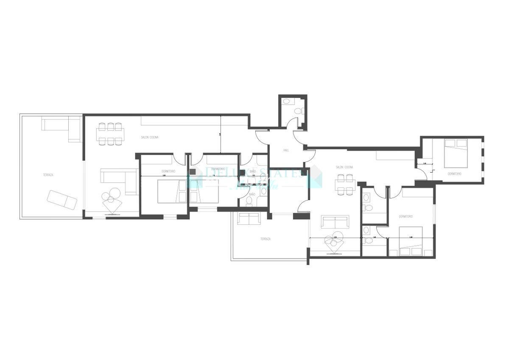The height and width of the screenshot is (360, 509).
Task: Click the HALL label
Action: pyautogui.click(x=286, y=150)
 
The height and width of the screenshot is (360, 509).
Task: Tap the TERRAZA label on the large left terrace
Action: pyautogui.click(x=48, y=175)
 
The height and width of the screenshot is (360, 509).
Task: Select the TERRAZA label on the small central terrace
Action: pyautogui.click(x=265, y=239)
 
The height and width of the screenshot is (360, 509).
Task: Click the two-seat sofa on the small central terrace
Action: pyautogui.click(x=249, y=219)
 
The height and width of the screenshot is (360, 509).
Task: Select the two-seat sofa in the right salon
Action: pyautogui.click(x=335, y=222)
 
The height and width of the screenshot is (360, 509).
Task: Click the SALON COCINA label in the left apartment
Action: pyautogui.click(x=150, y=137)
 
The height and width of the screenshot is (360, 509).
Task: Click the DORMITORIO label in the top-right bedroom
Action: pyautogui.click(x=453, y=174)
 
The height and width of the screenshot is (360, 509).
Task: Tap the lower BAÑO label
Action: pyautogui.click(x=252, y=194)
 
